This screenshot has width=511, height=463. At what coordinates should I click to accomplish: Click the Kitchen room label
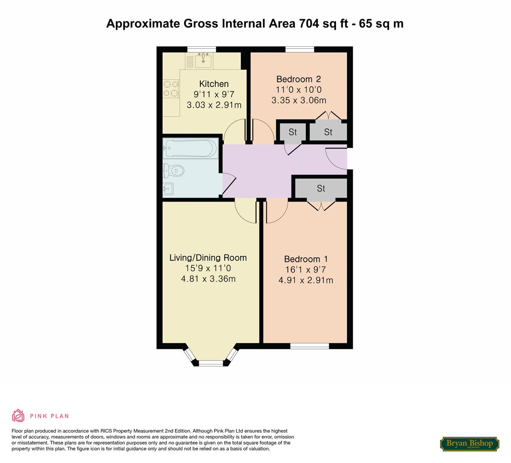click(x=214, y=84)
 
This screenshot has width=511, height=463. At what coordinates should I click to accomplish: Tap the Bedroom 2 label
click(x=299, y=79)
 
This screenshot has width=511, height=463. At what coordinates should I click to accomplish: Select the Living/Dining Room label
click(x=208, y=258)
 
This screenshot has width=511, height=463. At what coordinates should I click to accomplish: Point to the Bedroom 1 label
click(x=305, y=259)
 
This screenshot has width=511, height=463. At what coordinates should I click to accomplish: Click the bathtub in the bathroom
click(x=190, y=148)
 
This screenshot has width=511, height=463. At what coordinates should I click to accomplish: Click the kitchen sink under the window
click(x=203, y=60)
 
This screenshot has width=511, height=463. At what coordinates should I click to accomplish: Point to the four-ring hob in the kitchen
click(x=171, y=89)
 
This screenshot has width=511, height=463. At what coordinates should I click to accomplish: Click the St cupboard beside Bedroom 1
click(x=321, y=188)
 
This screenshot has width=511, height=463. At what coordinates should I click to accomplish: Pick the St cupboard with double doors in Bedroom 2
click(x=328, y=132)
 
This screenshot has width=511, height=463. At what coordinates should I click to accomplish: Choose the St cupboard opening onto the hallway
click(x=292, y=132)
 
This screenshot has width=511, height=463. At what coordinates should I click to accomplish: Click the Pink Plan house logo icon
click(x=18, y=415)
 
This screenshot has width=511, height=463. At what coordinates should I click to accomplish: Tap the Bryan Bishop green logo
click(x=469, y=444)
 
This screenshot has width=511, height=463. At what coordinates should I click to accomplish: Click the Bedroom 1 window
click(x=309, y=346)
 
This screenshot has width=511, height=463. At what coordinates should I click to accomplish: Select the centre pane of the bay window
click(x=211, y=363)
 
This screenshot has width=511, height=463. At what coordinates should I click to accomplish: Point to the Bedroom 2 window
click(x=300, y=49)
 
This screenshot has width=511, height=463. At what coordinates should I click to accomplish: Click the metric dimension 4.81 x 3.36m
click(x=208, y=279)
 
